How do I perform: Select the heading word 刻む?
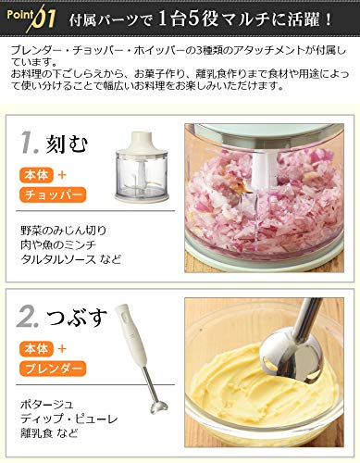coord(70,144)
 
